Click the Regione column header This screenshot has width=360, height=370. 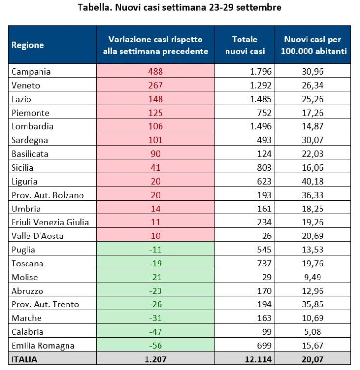(27, 45)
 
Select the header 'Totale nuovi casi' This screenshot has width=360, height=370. (245, 45)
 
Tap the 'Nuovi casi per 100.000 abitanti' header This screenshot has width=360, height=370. (313, 45)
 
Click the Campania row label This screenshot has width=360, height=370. (31, 72)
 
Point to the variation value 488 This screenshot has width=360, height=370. (156, 71)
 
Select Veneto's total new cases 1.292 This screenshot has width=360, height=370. (261, 85)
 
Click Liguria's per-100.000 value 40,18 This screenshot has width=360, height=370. (313, 181)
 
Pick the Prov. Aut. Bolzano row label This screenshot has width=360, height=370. (48, 195)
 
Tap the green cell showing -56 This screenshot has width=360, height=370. (156, 345)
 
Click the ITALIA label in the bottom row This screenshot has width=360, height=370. (24, 359)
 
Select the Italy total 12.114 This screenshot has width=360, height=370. (258, 359)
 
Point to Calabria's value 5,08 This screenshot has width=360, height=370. (313, 332)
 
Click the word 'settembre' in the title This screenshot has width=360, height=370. (259, 7)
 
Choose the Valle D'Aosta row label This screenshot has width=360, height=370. (37, 236)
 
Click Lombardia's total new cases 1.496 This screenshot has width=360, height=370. (261, 126)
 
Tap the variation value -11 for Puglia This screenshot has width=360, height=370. (156, 250)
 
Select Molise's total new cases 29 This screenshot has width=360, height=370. (267, 277)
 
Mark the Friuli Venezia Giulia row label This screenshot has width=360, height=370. (50, 222)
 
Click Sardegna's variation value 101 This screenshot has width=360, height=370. (156, 140)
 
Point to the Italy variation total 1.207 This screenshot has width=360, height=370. (156, 359)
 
